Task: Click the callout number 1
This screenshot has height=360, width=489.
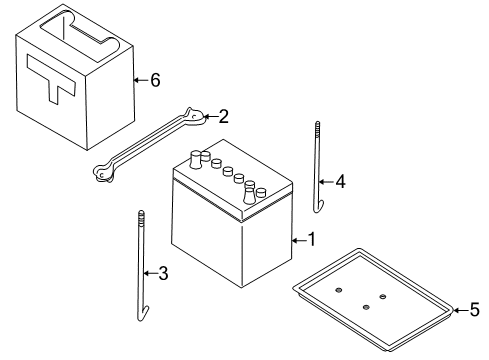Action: pos(311,240)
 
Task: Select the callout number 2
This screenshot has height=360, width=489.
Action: pos(224,116)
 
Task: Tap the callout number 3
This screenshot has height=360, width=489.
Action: pos(164,272)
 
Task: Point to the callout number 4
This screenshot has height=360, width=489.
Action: pos(340,182)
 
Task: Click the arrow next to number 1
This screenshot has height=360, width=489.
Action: pos(298,240)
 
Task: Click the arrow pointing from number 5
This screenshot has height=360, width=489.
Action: pos(459,309)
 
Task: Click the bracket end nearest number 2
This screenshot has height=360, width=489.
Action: pos(196,119)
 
